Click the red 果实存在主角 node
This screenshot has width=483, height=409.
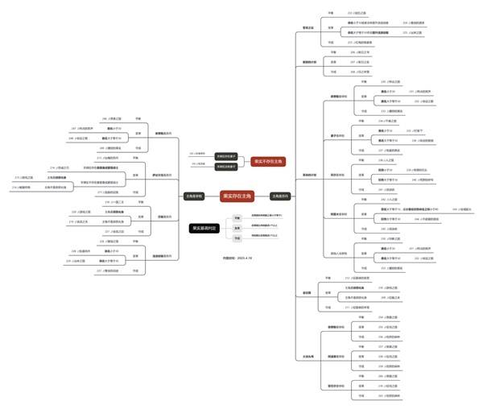click(x=228, y=196)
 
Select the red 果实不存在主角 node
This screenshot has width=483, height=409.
click(x=268, y=160)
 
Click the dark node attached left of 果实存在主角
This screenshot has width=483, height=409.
click(x=193, y=196)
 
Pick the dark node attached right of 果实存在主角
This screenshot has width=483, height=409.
click(x=279, y=196)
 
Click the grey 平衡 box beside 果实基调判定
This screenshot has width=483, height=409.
click(x=237, y=218)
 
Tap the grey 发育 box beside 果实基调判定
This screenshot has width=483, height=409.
click(x=237, y=228)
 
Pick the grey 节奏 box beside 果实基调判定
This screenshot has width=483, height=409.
click(x=237, y=238)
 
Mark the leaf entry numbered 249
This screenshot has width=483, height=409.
click(x=110, y=149)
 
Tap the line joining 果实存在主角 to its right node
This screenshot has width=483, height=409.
click(x=258, y=196)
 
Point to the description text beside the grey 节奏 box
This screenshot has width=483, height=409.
click(x=265, y=238)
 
